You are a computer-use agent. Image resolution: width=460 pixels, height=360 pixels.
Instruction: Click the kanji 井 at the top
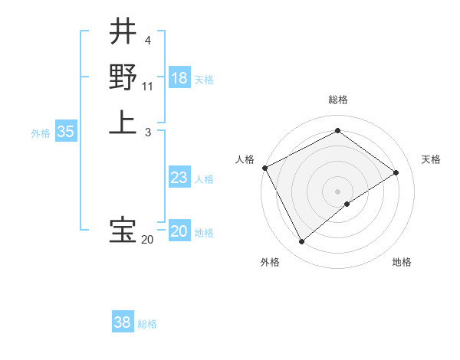click(123, 31)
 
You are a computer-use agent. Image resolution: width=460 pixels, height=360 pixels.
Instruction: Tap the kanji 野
click(123, 77)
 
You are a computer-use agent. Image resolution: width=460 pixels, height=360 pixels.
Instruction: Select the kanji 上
click(123, 123)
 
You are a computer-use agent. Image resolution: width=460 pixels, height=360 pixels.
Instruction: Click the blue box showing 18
click(179, 78)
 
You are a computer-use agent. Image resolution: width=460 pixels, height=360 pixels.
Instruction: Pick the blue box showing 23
click(179, 178)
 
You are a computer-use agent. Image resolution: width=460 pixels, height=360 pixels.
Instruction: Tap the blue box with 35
click(66, 132)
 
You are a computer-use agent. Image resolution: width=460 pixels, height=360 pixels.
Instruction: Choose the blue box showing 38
click(123, 322)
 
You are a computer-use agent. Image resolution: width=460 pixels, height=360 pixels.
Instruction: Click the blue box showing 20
click(179, 231)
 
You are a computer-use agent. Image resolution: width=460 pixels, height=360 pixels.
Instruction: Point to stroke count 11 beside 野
click(147, 87)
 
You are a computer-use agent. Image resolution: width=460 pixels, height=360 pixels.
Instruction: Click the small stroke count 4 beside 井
click(147, 41)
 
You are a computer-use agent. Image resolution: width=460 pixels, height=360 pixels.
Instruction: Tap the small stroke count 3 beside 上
click(147, 133)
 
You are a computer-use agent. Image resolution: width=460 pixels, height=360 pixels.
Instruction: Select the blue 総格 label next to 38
click(147, 324)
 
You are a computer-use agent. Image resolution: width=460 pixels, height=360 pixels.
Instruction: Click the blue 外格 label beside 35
click(41, 133)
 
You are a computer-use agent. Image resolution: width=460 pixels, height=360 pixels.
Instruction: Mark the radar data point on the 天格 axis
click(396, 172)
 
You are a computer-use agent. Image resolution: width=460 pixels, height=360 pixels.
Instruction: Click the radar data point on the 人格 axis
click(264, 168)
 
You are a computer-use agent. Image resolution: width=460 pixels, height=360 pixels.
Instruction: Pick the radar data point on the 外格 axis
click(302, 242)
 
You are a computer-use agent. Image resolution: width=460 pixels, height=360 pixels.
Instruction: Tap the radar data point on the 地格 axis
click(347, 204)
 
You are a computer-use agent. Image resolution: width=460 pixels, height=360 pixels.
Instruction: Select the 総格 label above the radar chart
click(337, 100)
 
